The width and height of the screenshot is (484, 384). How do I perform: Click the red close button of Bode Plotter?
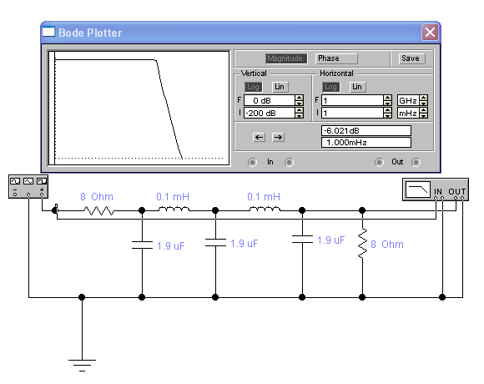(x=430, y=32)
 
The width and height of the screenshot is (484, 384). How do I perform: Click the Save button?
(x=411, y=58)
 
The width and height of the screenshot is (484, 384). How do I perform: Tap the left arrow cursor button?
(x=259, y=138)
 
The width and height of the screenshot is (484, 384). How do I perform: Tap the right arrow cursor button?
(x=278, y=138)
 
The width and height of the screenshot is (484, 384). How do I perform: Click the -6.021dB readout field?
(x=366, y=130)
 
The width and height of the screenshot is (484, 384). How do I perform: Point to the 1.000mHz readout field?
(x=366, y=142)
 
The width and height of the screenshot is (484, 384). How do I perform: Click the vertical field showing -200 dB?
(x=270, y=113)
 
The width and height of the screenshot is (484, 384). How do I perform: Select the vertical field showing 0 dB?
(x=270, y=100)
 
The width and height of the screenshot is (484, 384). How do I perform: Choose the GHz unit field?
(x=409, y=100)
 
